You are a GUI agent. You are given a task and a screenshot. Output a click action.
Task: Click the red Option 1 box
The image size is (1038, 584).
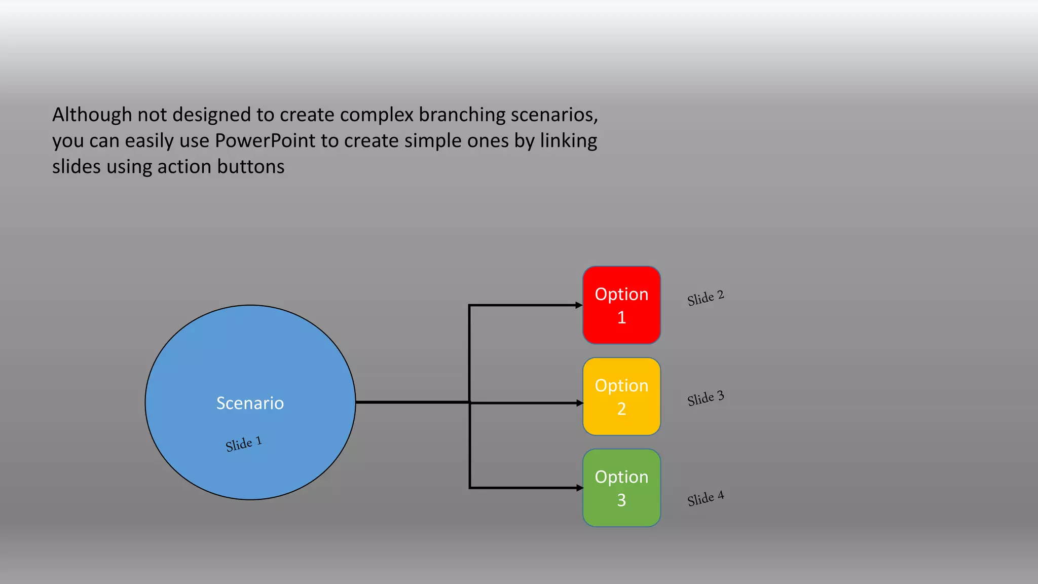(621, 305)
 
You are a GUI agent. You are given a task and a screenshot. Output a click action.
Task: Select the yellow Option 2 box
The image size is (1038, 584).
(621, 396)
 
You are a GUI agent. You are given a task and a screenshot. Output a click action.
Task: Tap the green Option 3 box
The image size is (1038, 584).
(621, 488)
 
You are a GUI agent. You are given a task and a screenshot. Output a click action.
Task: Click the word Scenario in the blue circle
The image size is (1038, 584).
(250, 403)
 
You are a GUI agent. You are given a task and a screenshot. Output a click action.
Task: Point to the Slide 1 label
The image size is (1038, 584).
(244, 444)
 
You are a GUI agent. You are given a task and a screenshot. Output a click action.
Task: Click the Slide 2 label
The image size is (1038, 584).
(706, 298)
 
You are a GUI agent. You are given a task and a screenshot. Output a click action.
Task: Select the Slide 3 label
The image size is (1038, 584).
(706, 398)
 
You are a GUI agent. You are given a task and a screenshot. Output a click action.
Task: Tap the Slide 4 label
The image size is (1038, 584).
(706, 498)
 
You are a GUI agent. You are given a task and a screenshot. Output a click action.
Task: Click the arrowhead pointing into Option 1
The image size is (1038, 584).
(579, 305)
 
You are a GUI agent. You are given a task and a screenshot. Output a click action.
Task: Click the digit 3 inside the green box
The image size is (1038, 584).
(621, 500)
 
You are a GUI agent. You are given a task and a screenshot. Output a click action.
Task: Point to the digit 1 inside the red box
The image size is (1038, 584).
(621, 317)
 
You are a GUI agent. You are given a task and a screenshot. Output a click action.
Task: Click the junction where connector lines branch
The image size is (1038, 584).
(470, 403)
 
